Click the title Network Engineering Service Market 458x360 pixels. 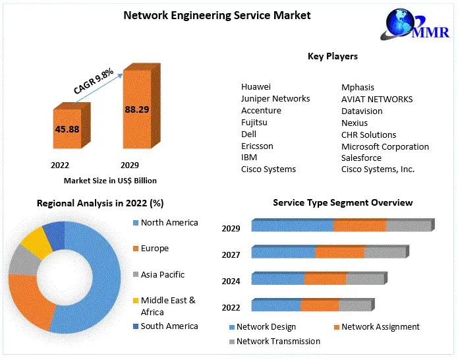[217, 15]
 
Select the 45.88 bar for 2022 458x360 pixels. [67, 129]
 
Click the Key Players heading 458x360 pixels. [332, 56]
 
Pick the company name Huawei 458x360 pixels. [256, 86]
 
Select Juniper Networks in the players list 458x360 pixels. [275, 98]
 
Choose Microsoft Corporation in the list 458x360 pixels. [385, 146]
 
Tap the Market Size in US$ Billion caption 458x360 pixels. [110, 180]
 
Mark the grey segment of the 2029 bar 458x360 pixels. [408, 225]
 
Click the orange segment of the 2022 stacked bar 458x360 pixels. [320, 305]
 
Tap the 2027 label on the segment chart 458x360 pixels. [231, 255]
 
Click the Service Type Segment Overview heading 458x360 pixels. [343, 202]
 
